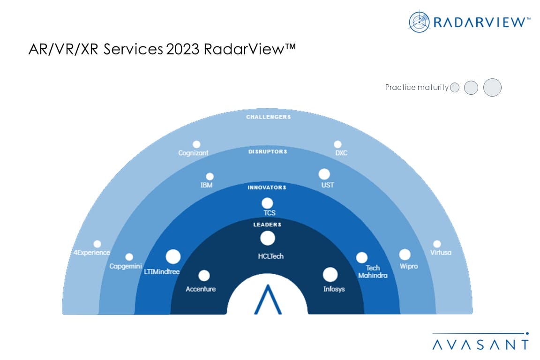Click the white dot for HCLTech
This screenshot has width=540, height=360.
(x=268, y=239)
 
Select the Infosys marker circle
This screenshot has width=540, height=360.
(x=330, y=275)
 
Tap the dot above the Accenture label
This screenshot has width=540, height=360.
(x=204, y=276)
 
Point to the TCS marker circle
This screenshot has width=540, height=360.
(x=267, y=203)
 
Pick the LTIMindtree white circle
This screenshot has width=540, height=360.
(x=173, y=256)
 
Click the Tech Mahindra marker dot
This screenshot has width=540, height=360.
(x=361, y=257)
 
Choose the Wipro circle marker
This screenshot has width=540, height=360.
(x=405, y=255)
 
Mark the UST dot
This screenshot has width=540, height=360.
(x=324, y=174)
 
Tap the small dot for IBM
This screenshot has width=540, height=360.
(x=210, y=177)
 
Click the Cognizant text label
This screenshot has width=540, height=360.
(x=193, y=153)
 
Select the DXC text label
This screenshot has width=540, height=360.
(x=341, y=153)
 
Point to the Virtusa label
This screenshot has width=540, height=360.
(x=441, y=253)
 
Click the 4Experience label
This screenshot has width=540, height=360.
(x=92, y=253)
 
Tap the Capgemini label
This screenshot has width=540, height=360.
(x=126, y=266)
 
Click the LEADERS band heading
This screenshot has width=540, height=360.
(x=267, y=225)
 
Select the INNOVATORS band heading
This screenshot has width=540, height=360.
(x=267, y=187)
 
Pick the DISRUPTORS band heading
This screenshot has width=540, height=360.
(x=268, y=152)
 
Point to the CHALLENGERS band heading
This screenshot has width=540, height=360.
(x=268, y=117)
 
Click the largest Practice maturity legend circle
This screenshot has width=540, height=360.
(x=492, y=87)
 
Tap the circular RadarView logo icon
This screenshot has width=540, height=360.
(x=419, y=22)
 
